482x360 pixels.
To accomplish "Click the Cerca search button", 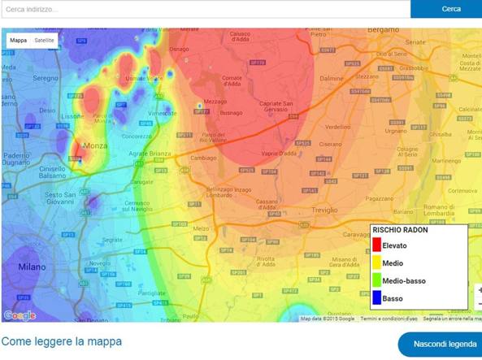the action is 450,9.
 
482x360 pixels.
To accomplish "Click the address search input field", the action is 203,9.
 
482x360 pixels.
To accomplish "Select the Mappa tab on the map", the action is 18,40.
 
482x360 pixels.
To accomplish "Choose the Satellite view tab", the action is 45,40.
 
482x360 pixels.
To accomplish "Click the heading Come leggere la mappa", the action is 62,341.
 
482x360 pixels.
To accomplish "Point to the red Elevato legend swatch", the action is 376,245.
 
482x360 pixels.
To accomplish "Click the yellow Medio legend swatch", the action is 376,263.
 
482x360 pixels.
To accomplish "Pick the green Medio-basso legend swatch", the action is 376,281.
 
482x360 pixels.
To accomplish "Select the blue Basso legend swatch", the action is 376,298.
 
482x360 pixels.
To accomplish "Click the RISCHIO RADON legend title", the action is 400,230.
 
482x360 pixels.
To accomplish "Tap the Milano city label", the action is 32,267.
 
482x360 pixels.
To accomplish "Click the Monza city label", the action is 96,145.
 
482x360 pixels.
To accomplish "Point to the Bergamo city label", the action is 384,29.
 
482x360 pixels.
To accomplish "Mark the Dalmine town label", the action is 332,78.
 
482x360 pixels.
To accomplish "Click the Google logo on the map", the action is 20,315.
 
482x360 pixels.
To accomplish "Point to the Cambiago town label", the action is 203,158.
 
